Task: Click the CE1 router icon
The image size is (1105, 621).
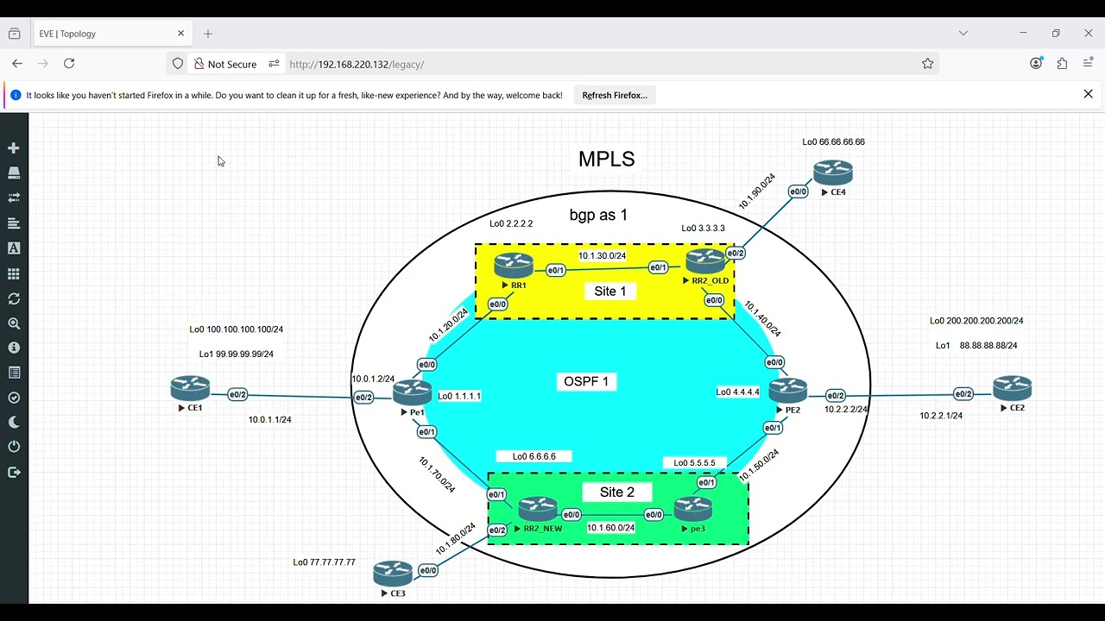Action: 190,388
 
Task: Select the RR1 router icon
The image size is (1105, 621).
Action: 514,265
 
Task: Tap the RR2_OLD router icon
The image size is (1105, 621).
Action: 705,260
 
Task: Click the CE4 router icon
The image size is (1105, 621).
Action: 833,172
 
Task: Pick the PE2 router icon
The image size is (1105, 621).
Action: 787,391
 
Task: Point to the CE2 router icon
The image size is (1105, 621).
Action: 1012,388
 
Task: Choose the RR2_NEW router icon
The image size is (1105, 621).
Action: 538,509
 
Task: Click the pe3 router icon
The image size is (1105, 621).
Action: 693,509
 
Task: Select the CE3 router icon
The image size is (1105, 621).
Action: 393,573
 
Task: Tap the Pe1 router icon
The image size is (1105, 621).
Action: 413,392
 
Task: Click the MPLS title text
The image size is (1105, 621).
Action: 606,160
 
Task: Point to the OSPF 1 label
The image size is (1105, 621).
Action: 586,381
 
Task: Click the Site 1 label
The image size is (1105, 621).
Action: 610,292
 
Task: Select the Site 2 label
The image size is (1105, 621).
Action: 616,492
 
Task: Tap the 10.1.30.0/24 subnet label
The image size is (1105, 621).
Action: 602,256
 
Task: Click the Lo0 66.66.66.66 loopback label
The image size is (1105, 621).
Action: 833,142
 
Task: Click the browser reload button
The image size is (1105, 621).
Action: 69,64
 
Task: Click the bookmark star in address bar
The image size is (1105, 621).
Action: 928,64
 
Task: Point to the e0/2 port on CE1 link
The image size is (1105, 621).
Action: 237,395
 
